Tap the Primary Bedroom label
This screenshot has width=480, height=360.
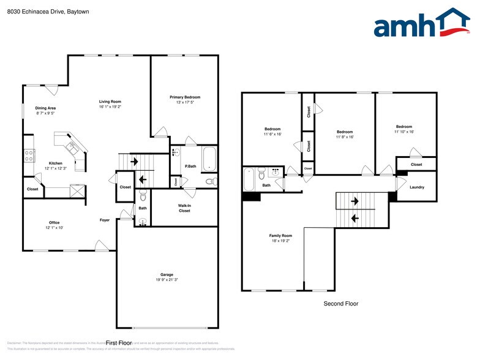185,97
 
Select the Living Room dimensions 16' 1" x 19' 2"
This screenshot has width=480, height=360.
111,107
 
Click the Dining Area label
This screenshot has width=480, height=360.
45,108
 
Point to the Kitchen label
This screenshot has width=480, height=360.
56,163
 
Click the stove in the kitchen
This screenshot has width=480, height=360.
28,156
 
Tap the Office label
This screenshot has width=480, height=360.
54,222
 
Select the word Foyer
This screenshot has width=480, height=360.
105,220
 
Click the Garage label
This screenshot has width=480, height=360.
167,274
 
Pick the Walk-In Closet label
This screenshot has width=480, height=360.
184,208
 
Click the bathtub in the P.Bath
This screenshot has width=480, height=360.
209,159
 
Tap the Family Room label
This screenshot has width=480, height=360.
280,236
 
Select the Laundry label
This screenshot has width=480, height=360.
416,187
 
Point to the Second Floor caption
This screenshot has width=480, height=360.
340,304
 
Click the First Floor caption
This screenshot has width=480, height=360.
119,343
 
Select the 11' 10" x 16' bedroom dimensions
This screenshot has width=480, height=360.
403,132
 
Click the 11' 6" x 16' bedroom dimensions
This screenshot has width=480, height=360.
272,134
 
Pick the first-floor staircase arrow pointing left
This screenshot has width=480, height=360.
143,180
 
